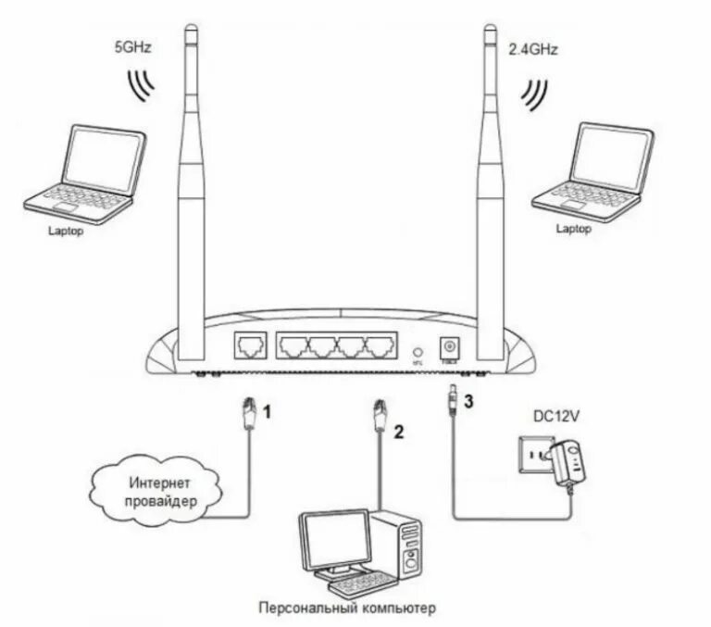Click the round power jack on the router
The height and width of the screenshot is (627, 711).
[453, 345]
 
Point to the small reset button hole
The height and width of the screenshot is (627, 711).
[418, 351]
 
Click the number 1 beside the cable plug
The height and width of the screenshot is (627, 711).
[268, 408]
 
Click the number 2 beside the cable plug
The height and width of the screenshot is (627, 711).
[398, 431]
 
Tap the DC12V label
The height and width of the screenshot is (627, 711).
[557, 418]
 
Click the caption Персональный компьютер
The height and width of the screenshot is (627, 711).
[347, 608]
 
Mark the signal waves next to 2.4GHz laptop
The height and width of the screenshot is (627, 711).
[533, 93]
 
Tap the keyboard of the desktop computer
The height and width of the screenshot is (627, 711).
[353, 584]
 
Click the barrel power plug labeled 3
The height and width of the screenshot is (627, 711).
[450, 397]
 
